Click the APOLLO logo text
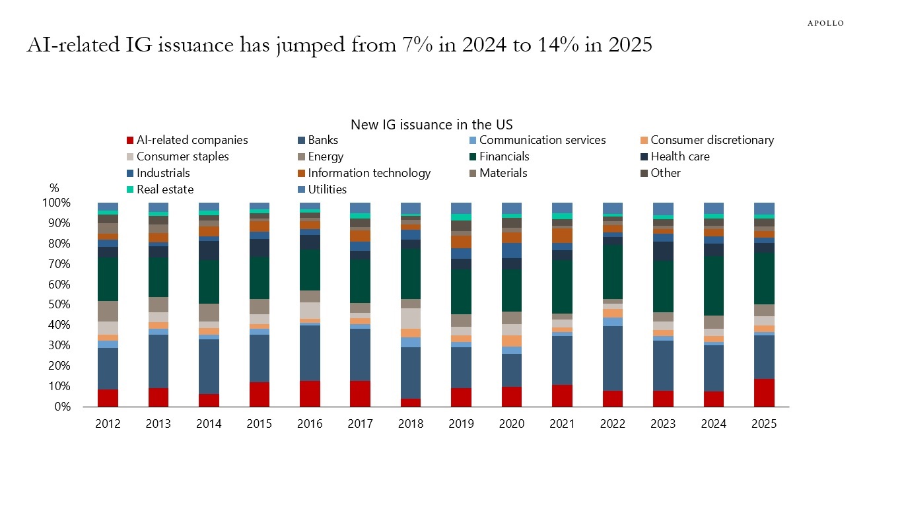point(825,23)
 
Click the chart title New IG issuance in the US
point(431,125)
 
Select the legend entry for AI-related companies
point(191,140)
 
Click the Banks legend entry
point(323,140)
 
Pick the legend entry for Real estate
point(165,189)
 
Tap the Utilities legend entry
point(327,189)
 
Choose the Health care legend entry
point(680,156)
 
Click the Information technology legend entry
point(369,173)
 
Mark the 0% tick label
point(59,407)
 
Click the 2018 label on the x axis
point(410,424)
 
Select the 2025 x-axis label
point(764,424)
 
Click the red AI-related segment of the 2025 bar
point(764,393)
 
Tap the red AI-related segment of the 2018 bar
point(410,403)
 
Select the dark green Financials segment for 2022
point(613,272)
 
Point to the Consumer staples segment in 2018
point(410,318)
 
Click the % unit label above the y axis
point(54,189)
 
